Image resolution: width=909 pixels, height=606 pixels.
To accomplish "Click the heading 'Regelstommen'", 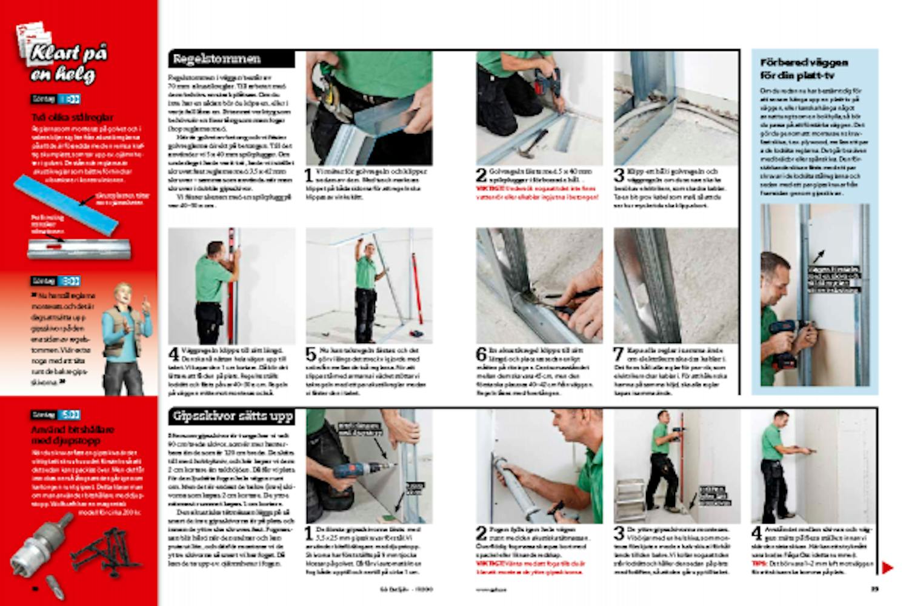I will [x=216, y=59].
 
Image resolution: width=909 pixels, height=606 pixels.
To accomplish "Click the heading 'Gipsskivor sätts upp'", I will [x=233, y=416].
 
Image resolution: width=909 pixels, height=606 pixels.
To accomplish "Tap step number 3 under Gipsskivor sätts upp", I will [x=619, y=533].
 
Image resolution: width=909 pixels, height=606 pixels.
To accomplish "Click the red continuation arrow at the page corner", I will [x=887, y=568].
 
